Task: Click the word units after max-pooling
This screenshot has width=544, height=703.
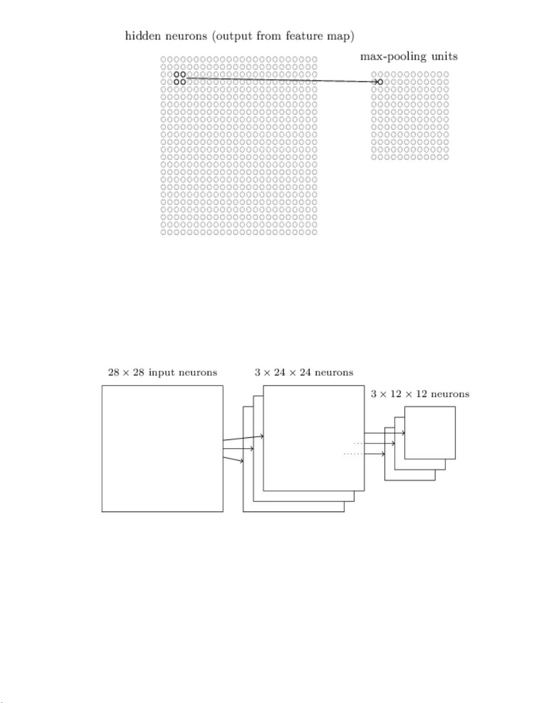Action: click(x=444, y=56)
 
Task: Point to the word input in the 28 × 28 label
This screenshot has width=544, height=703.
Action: click(x=162, y=373)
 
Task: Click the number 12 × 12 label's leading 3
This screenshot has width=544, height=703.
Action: click(x=374, y=394)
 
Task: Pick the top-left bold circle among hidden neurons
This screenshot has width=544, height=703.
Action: click(x=177, y=75)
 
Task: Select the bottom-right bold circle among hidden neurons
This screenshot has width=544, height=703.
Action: click(x=183, y=82)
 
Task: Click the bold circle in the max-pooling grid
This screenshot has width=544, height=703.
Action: click(x=380, y=82)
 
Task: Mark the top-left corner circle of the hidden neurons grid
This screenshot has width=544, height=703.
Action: click(x=163, y=59)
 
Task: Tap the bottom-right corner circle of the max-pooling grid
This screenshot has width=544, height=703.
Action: click(x=446, y=157)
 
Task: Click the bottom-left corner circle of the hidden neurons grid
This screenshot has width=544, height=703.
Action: click(x=163, y=232)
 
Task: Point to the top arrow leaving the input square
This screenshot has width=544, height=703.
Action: click(x=243, y=438)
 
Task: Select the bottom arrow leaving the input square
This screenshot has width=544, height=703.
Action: click(x=234, y=459)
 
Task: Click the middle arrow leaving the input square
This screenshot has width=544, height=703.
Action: click(x=238, y=449)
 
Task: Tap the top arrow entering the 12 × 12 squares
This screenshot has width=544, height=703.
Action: click(x=385, y=433)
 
